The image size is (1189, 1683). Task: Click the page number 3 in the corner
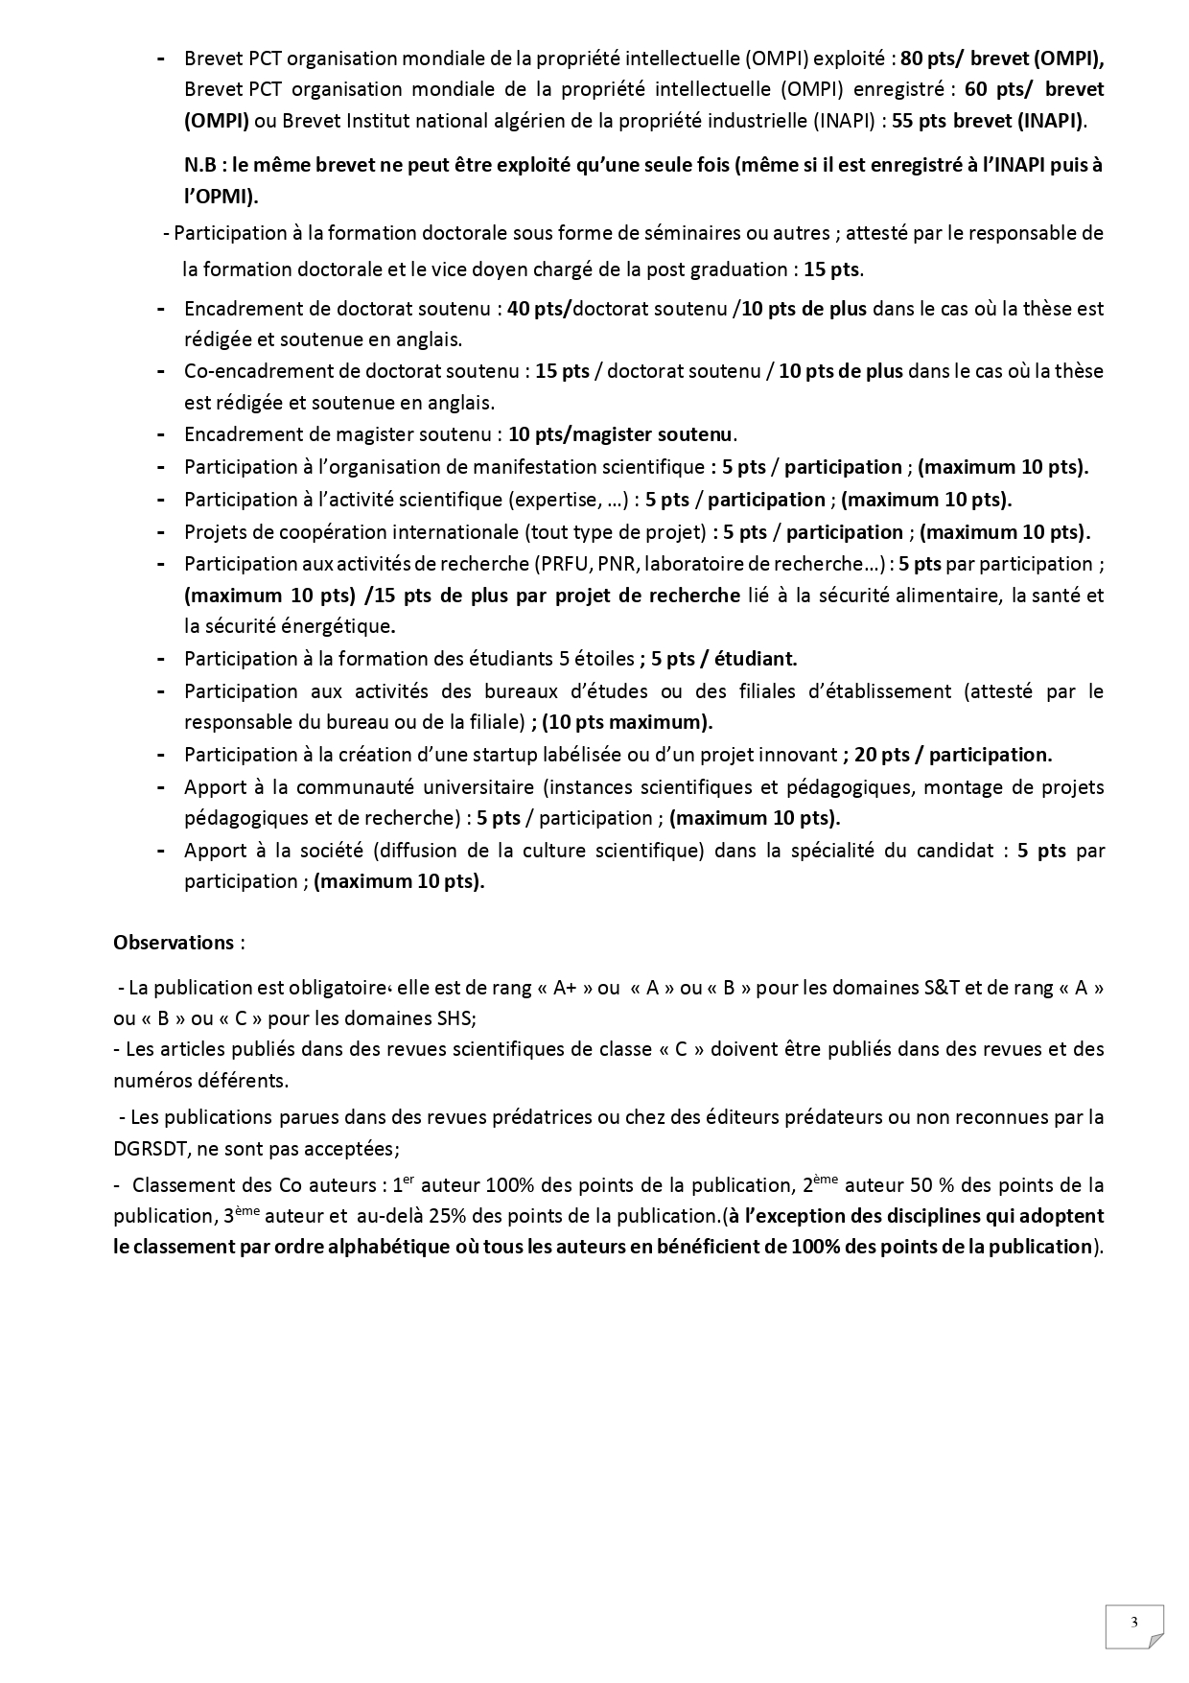(x=1134, y=1623)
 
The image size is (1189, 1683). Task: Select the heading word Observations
(x=174, y=942)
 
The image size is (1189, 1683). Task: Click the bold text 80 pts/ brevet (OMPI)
(x=1002, y=58)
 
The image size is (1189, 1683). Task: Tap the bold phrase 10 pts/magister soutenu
(x=619, y=434)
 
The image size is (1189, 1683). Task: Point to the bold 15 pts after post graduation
(x=831, y=269)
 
